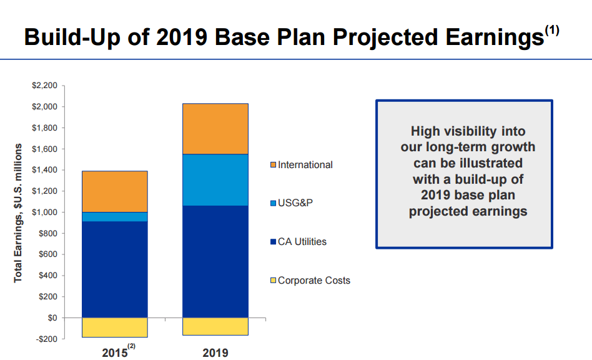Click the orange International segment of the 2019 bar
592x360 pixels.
(215, 128)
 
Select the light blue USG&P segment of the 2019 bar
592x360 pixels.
(215, 180)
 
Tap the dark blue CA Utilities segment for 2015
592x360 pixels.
(115, 269)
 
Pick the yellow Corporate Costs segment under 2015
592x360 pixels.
(115, 327)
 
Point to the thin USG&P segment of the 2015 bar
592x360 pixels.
(115, 217)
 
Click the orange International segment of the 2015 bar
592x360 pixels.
(115, 191)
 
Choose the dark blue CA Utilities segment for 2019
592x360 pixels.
(215, 261)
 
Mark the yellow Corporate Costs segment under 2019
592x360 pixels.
(215, 326)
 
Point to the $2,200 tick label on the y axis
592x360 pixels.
(44, 86)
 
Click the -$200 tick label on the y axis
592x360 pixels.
(46, 339)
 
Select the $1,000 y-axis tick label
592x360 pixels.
(44, 212)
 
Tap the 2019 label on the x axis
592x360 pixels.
(215, 353)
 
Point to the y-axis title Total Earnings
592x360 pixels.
(19, 212)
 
